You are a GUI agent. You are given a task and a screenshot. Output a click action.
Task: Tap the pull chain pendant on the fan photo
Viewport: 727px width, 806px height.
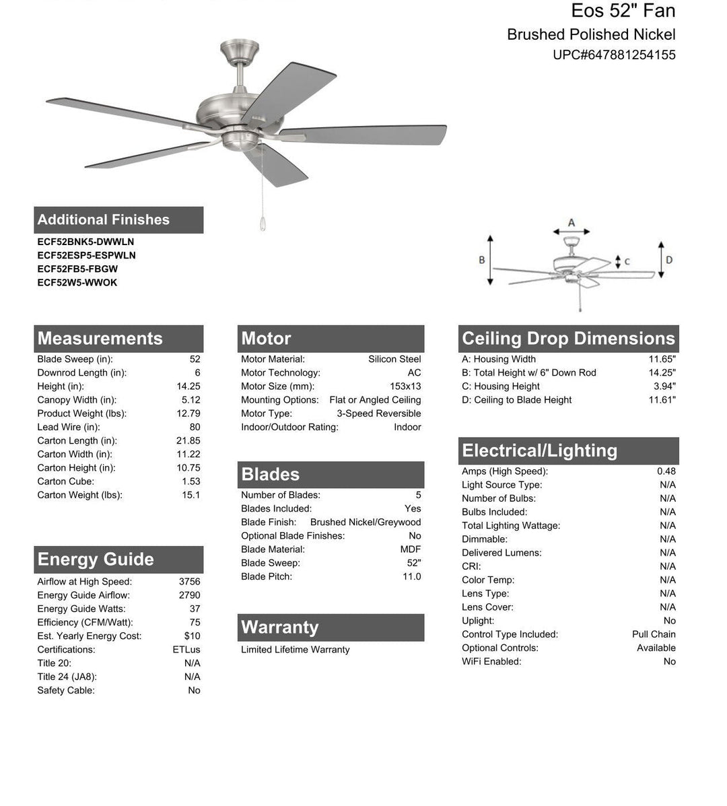point(263,224)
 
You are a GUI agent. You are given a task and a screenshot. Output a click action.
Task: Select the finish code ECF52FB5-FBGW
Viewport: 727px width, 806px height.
point(77,269)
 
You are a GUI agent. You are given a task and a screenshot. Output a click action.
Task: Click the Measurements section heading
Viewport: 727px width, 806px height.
point(100,338)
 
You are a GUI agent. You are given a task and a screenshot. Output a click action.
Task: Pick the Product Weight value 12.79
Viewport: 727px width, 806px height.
point(188,413)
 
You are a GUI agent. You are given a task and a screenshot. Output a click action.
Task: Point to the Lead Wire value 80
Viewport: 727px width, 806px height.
point(195,427)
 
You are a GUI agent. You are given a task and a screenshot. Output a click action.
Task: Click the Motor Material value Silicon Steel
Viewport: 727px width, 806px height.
point(394,359)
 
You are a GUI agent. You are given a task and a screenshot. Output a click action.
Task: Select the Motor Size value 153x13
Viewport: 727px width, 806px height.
point(405,387)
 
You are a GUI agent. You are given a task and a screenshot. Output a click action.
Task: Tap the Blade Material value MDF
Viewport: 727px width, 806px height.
point(411,549)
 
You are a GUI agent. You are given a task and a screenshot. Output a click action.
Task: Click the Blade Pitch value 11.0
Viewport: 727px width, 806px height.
point(411,576)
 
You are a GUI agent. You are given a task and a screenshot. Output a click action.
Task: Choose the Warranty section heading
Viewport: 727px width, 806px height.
point(279,627)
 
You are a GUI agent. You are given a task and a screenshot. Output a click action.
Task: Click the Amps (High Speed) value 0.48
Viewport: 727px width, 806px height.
point(666,471)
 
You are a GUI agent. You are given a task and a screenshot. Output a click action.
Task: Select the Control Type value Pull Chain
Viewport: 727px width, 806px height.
point(654,634)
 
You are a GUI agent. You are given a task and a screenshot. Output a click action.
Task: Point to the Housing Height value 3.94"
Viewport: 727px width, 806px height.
point(664,387)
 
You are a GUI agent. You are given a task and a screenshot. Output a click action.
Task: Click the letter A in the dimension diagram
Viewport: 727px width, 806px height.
point(572,222)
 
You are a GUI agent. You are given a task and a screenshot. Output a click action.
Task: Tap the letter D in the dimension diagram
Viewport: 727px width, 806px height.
point(669,260)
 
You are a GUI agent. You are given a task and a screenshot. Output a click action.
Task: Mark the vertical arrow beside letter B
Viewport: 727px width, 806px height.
point(491,260)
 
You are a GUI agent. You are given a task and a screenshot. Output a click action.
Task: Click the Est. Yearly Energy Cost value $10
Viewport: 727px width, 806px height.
point(192,636)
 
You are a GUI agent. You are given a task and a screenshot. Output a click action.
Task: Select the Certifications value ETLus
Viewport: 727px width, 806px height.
point(186,650)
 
